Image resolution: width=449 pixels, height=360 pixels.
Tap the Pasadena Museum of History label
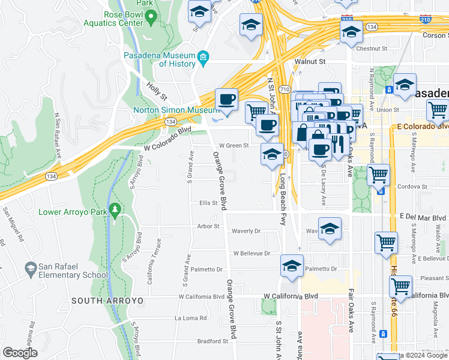pyautogui.click(x=160, y=59)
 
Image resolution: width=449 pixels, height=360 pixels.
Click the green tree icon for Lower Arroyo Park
pyautogui.click(x=114, y=211)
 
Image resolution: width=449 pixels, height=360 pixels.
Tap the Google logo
pyautogui.click(x=20, y=353)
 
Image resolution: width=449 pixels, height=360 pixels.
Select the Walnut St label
pyautogui.click(x=309, y=61)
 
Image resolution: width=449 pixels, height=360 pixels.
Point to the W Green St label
pyautogui.click(x=234, y=145)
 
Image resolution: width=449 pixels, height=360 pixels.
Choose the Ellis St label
pyautogui.click(x=208, y=203)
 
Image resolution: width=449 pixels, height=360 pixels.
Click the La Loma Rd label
pyautogui.click(x=191, y=318)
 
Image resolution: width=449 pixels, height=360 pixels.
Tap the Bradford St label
pyautogui.click(x=213, y=341)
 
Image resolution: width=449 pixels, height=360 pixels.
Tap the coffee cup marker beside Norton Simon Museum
pyautogui.click(x=226, y=100)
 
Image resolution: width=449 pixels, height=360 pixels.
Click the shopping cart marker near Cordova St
pyautogui.click(x=378, y=175)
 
